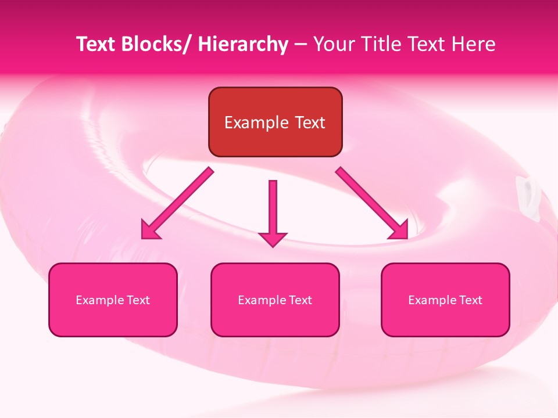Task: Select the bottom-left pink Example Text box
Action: (113, 300)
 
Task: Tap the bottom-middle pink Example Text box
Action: (275, 300)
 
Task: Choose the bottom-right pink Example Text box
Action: (445, 300)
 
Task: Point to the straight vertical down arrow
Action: (273, 209)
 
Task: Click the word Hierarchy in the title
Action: (243, 44)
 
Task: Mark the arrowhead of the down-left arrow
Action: (150, 230)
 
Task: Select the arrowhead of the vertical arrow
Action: (273, 238)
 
